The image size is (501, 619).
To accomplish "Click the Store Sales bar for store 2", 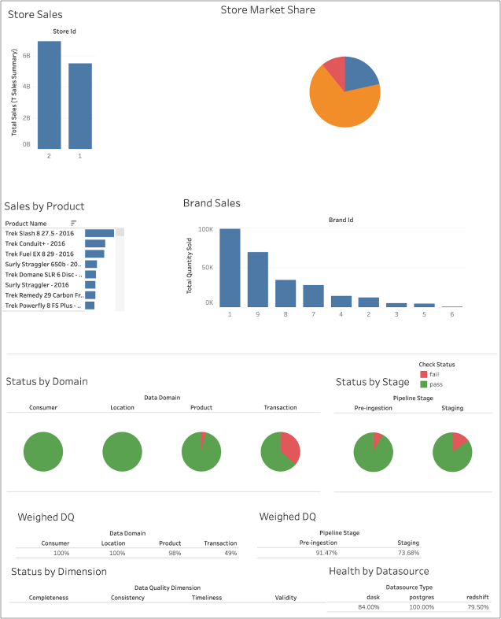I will click(49, 95).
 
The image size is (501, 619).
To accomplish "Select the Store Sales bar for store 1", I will click(80, 106).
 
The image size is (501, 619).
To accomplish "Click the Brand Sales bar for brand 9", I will click(258, 280).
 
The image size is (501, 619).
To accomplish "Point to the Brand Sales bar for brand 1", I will click(230, 268).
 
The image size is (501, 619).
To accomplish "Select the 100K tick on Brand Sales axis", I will click(205, 229).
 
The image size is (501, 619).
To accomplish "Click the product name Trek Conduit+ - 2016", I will click(35, 243).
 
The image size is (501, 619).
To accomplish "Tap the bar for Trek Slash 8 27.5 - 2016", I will click(100, 233).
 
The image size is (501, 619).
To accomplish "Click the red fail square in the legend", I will click(424, 374).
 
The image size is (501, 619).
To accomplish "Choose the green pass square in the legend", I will click(424, 384).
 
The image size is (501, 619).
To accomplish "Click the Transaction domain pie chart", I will click(280, 452).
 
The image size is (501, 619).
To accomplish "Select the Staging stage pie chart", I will click(451, 452).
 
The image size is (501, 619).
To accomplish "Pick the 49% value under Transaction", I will click(230, 554).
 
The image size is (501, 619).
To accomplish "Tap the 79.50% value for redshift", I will click(478, 607).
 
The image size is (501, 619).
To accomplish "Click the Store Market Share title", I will click(268, 10).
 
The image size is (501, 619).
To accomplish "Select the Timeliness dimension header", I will click(208, 598).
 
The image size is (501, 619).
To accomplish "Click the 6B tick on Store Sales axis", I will click(26, 56).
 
